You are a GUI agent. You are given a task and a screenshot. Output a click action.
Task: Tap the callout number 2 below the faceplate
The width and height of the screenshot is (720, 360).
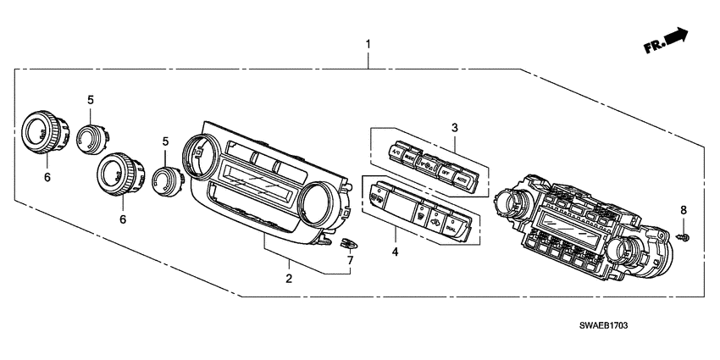[x=288, y=278]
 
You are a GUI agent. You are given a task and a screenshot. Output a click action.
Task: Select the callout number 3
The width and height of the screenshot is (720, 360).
[x=454, y=128]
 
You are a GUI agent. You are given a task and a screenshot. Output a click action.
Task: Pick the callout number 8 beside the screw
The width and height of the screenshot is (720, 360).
[x=684, y=209]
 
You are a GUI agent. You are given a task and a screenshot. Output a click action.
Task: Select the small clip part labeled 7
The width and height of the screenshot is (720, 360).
[x=345, y=243]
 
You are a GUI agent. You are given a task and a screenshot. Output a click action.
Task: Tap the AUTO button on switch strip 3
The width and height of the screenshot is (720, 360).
[x=462, y=180]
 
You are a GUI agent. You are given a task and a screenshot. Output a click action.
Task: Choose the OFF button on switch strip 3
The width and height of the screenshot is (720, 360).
[x=445, y=172]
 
